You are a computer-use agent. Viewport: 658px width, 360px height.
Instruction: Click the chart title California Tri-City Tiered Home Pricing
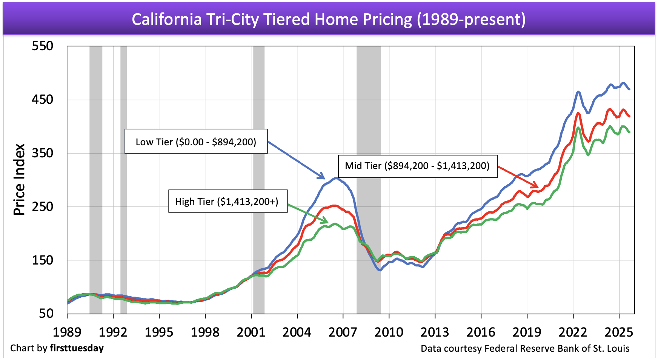pyautogui.click(x=329, y=19)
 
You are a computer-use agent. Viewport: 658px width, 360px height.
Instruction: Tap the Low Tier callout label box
pyautogui.click(x=196, y=142)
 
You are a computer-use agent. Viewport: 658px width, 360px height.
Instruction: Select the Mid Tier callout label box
pyautogui.click(x=417, y=166)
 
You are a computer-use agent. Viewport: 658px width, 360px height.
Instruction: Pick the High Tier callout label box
pyautogui.click(x=228, y=201)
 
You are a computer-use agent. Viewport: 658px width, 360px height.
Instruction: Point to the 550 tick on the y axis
pyautogui.click(x=42, y=46)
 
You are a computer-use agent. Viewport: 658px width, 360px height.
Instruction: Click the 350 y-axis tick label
pyautogui.click(x=42, y=153)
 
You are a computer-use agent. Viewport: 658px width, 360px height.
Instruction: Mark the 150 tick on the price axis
pyautogui.click(x=42, y=260)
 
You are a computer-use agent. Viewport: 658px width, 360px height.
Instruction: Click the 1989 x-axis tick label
pyautogui.click(x=67, y=332)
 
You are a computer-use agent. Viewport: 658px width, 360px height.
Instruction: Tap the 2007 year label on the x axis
pyautogui.click(x=343, y=332)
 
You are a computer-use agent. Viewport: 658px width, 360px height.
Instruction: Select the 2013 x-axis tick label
pyautogui.click(x=435, y=332)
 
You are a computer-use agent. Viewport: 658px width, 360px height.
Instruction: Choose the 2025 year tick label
pyautogui.click(x=618, y=332)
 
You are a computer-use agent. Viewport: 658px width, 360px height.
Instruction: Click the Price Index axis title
pyautogui.click(x=19, y=180)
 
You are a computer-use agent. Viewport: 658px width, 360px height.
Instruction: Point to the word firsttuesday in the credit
pyautogui.click(x=77, y=348)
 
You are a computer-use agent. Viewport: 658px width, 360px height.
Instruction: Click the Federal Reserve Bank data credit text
pyautogui.click(x=525, y=348)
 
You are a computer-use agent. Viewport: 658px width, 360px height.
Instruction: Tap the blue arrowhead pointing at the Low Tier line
pyautogui.click(x=322, y=177)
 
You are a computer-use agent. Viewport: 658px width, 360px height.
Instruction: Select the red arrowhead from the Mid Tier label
pyautogui.click(x=535, y=186)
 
